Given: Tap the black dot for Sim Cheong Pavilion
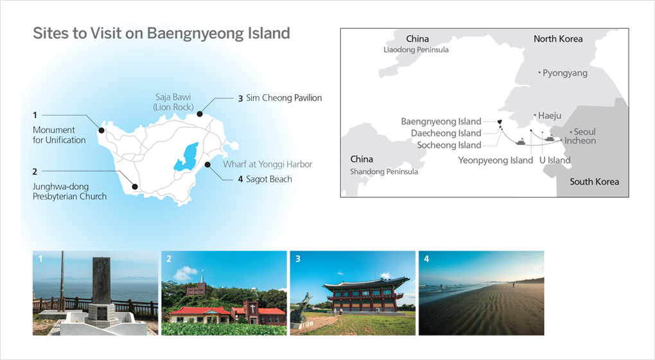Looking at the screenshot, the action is [200, 114].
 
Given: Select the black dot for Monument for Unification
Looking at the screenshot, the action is [101, 130].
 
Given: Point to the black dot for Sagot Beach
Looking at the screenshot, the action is [207, 164].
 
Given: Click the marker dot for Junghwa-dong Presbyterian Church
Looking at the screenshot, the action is [134, 187].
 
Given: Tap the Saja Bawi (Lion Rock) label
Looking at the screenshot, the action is [173, 102].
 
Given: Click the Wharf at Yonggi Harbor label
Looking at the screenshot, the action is [268, 164].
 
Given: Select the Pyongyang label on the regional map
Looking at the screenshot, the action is [564, 73].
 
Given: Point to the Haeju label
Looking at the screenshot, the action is [549, 116].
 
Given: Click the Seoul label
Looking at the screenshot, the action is [584, 132].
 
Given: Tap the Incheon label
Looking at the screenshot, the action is [580, 141].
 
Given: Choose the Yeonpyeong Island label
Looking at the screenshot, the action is [496, 160].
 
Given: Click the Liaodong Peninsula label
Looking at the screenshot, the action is [416, 49].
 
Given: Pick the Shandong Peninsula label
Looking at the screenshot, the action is [384, 171].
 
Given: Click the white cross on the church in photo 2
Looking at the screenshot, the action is [252, 308].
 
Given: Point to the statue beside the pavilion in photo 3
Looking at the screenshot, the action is [304, 307].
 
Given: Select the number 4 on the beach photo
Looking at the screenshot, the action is [426, 259].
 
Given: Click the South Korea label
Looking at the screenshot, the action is [595, 182].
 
